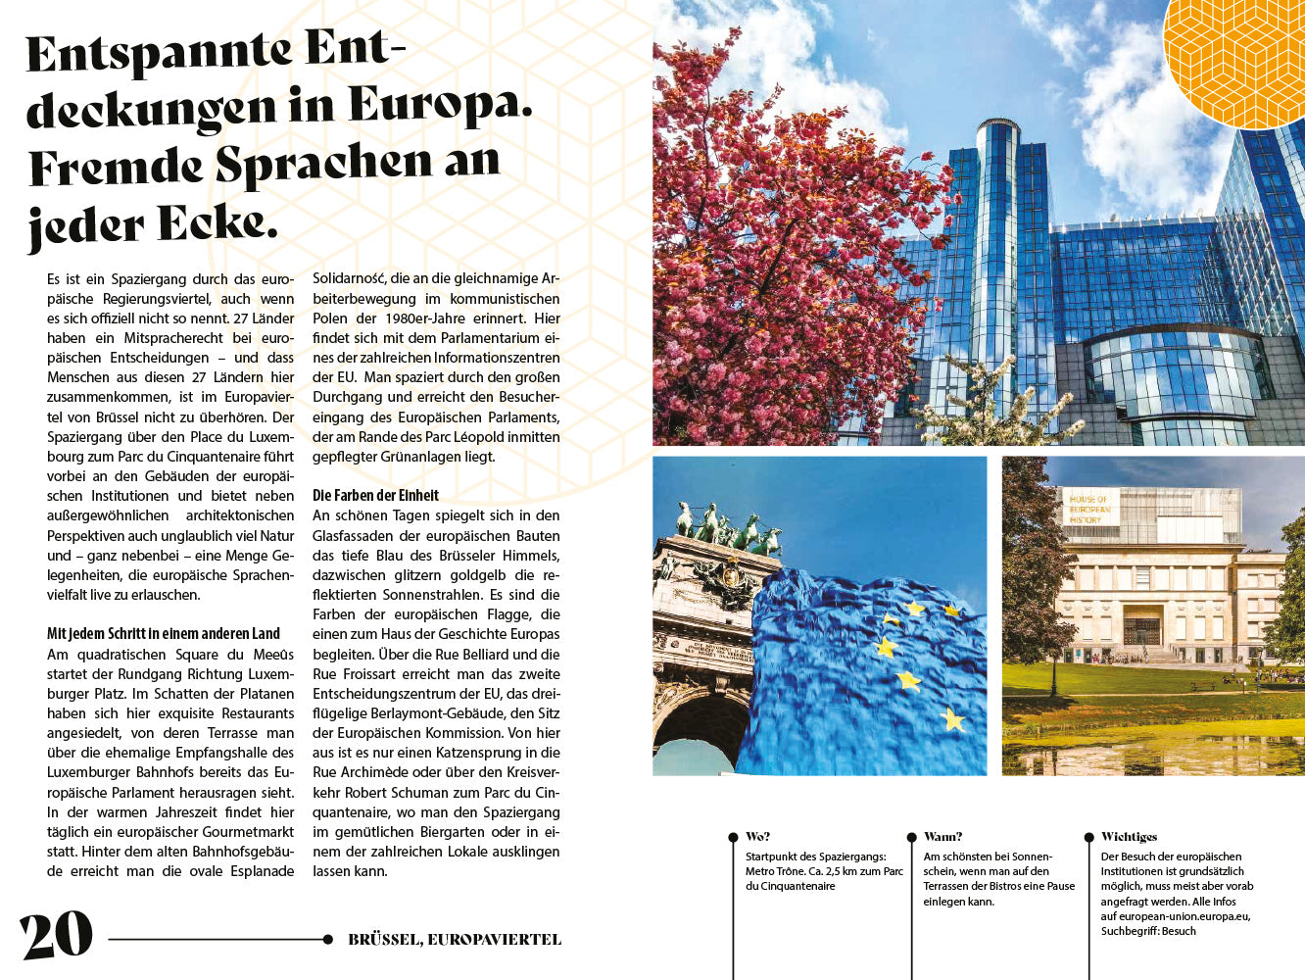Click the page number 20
56,936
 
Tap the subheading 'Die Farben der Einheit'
375,496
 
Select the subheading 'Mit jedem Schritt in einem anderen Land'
164,634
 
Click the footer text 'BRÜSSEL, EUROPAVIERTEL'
455,940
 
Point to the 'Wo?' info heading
757,837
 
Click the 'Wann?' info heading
942,837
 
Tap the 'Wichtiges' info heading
1129,837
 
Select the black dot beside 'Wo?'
733,838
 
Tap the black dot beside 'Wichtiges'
1088,838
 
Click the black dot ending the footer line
327,940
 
